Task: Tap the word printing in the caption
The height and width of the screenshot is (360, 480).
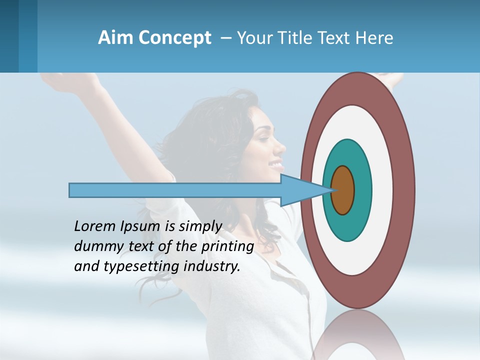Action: point(227,247)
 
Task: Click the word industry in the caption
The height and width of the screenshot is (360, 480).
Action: point(212,266)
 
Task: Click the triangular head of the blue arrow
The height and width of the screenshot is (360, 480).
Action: point(300,190)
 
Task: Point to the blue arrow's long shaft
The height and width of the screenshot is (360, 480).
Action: point(175,190)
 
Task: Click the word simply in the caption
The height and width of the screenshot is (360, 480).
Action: point(199,227)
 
